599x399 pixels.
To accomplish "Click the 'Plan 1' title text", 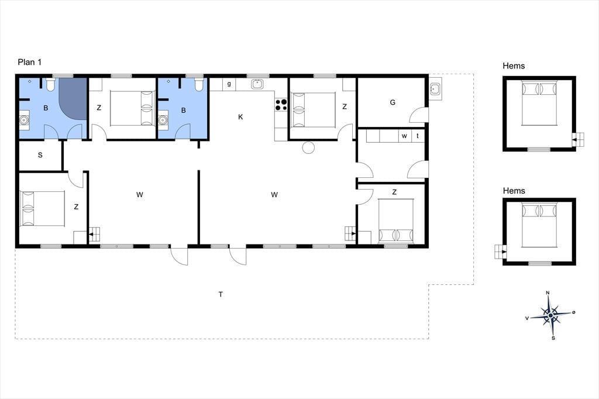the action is [x=29, y=62].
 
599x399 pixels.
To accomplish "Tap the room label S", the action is [x=40, y=155].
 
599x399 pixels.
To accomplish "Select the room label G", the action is [x=393, y=102].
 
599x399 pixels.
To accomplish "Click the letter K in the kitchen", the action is [x=240, y=117].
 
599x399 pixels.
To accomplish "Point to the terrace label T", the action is [x=221, y=294].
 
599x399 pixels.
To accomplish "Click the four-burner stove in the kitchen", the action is [x=281, y=105].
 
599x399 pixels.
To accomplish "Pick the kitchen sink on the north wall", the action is [x=257, y=84].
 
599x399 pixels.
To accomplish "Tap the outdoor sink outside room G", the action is [x=435, y=90].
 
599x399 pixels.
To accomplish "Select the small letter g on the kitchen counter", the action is [x=229, y=84].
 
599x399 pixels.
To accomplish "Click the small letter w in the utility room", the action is [x=404, y=136].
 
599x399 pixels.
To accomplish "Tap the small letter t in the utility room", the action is [x=418, y=136].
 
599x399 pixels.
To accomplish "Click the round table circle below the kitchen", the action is [x=308, y=147].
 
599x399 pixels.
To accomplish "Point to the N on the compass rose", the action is [x=548, y=293].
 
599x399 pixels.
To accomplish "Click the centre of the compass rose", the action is [x=550, y=316].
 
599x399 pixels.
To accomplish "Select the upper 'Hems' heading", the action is [x=514, y=66].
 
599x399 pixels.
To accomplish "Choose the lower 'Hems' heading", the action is [x=514, y=191].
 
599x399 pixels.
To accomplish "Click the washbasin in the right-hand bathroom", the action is [x=163, y=120].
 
